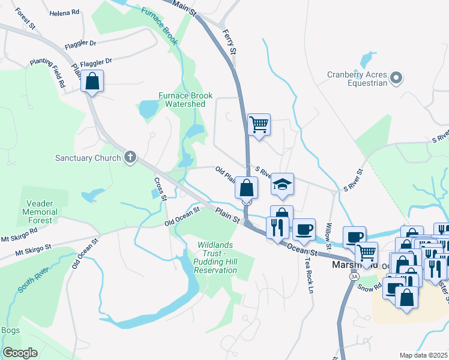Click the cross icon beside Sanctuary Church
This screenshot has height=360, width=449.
pyautogui.click(x=130, y=158)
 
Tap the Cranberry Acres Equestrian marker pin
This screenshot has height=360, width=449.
pyautogui.click(x=396, y=77)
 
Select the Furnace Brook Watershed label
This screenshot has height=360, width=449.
pyautogui.click(x=182, y=100)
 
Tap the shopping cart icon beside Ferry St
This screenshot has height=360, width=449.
pyautogui.click(x=259, y=125)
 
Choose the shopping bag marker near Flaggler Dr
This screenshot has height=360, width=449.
pyautogui.click(x=92, y=82)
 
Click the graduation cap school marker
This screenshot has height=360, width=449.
pyautogui.click(x=282, y=184)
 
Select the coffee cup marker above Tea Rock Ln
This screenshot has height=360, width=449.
pyautogui.click(x=304, y=229)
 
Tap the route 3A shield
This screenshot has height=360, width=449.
pyautogui.click(x=354, y=276)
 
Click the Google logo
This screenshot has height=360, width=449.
pyautogui.click(x=20, y=353)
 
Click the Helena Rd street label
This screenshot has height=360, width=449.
pyautogui.click(x=64, y=12)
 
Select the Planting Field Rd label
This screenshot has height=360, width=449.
pyautogui.click(x=58, y=73)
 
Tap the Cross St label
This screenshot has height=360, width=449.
pyautogui.click(x=160, y=188)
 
